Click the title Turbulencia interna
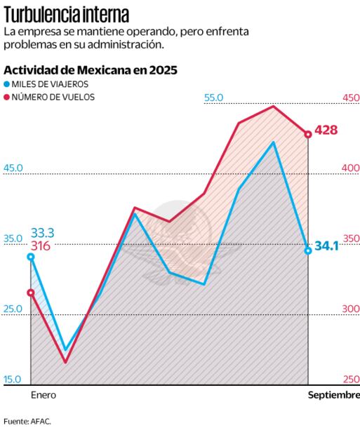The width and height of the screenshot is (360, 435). (66, 14)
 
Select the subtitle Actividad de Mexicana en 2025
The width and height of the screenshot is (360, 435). (91, 70)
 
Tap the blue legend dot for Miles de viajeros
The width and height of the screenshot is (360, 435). (7, 84)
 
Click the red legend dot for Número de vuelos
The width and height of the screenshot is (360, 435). (7, 97)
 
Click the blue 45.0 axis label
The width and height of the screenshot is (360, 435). (13, 168)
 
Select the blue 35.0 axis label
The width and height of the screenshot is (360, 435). (13, 239)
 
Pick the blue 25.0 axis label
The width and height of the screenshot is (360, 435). (13, 309)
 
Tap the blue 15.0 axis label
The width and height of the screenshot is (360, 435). (13, 380)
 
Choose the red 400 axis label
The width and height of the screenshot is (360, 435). (350, 168)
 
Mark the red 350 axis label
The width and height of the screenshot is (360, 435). (350, 239)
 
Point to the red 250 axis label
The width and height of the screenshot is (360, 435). (350, 380)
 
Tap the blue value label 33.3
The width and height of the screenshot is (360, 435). (42, 232)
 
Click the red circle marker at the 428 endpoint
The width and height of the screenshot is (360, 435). (308, 134)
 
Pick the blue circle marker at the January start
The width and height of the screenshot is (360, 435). (31, 257)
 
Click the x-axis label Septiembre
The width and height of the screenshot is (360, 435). (333, 396)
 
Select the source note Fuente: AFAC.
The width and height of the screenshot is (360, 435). (27, 422)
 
